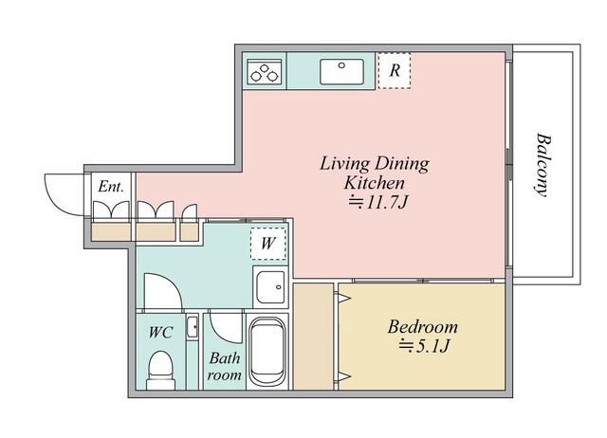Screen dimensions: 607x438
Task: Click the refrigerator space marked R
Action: coord(395,70)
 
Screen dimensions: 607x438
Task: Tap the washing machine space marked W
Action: coord(267,244)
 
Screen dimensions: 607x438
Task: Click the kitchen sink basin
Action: coord(341,72)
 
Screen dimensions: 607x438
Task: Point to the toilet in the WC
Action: coord(160,370)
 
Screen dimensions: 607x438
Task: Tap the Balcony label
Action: coord(543,165)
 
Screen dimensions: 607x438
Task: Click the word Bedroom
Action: coord(423,327)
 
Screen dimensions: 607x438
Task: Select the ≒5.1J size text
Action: coord(424,345)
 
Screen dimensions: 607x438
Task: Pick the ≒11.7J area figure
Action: coord(378,202)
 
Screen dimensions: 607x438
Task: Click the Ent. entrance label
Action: coord(111,187)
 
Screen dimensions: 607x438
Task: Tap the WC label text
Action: coord(160,333)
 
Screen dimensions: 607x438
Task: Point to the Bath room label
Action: coord(225,366)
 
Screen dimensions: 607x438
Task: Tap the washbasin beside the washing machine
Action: coord(270,286)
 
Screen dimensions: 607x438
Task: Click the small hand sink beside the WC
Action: coord(192,327)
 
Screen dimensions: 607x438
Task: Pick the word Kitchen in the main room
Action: coord(375,183)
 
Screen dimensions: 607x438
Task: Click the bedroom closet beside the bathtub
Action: coord(313,337)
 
